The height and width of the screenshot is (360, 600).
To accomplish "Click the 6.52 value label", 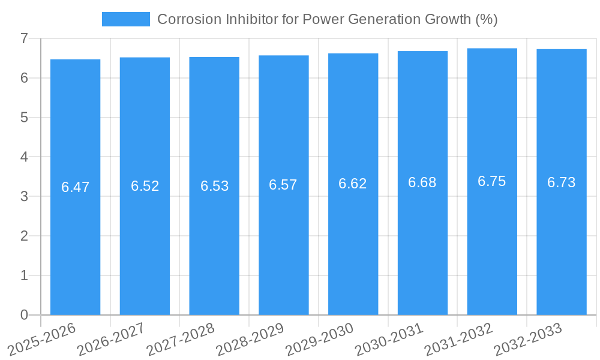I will tap(145, 186).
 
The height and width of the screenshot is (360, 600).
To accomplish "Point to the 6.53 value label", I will tap(214, 186).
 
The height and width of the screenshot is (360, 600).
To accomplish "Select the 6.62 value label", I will tap(353, 184).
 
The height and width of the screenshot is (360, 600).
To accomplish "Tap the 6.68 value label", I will tap(422, 182).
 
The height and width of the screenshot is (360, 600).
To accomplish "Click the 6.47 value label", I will tap(75, 187).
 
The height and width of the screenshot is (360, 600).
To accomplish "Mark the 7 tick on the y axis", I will tap(25, 38).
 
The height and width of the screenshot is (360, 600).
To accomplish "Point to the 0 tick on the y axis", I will tap(25, 315).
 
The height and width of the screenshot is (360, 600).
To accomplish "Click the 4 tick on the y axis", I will tap(25, 157).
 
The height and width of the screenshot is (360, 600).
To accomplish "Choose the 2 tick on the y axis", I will tap(25, 236).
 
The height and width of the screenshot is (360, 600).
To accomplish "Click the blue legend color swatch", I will tap(126, 19).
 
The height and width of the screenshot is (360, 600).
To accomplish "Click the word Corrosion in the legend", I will tap(184, 19).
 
